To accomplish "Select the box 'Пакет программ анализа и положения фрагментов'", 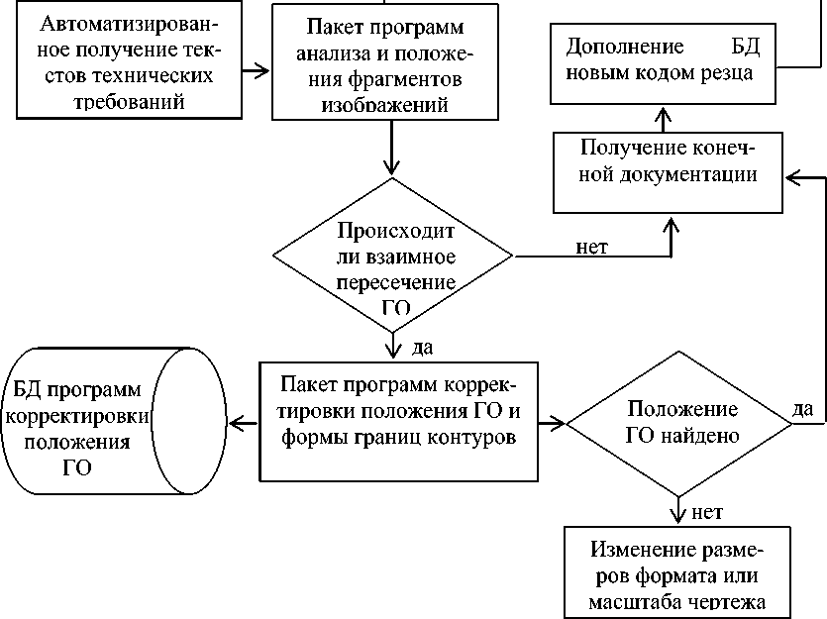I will click(x=395, y=61).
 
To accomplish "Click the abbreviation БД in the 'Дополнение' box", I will click(x=742, y=47).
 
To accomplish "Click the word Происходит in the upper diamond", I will click(x=395, y=233).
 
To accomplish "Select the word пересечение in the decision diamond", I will click(x=395, y=282).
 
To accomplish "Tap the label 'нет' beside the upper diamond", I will click(x=591, y=246).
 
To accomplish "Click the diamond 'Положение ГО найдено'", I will click(x=678, y=423).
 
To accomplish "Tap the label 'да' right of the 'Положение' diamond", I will click(x=804, y=407).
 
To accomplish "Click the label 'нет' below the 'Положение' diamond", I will click(x=706, y=512).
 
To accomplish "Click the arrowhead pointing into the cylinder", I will click(x=235, y=424).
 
